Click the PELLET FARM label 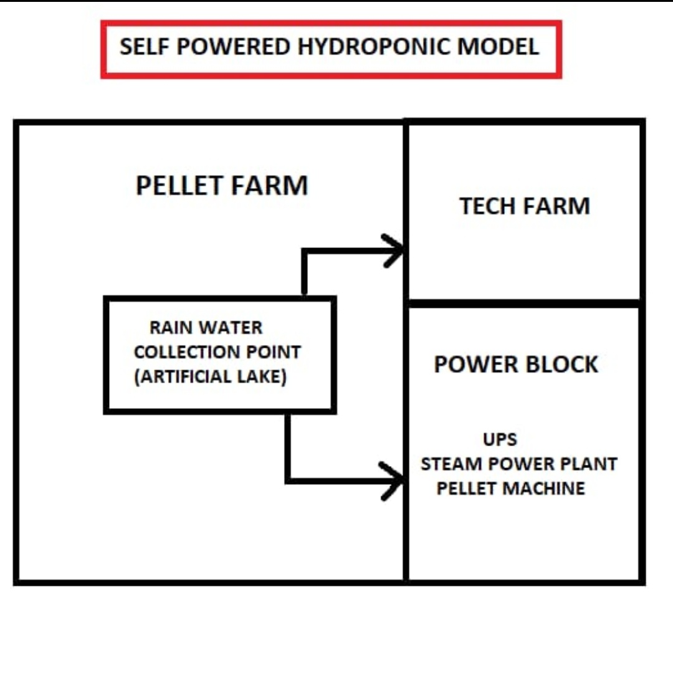click(x=222, y=186)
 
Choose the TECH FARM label click(x=525, y=206)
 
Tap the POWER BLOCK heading click(x=516, y=365)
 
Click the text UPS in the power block click(x=500, y=439)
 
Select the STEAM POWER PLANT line click(x=519, y=464)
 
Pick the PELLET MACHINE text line click(x=511, y=488)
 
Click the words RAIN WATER click(x=206, y=328)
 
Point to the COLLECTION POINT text click(x=217, y=352)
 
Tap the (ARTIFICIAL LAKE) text click(x=211, y=377)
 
